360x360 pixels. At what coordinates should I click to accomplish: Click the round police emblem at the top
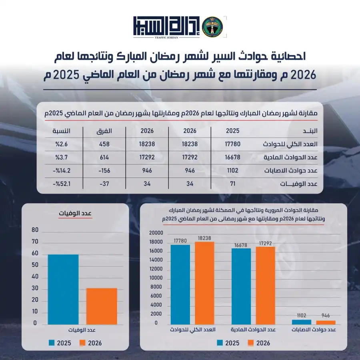click(212, 27)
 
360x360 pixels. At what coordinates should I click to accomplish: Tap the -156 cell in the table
click(104, 170)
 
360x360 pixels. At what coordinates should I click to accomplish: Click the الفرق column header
click(104, 131)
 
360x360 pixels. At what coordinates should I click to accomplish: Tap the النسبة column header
click(62, 131)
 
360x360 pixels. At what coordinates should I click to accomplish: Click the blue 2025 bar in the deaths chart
click(63, 289)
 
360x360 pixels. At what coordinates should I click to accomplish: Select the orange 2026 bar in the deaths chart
click(102, 306)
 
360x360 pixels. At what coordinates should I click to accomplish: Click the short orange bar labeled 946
click(326, 322)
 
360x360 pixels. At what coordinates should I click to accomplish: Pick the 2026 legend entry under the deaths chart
click(91, 343)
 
